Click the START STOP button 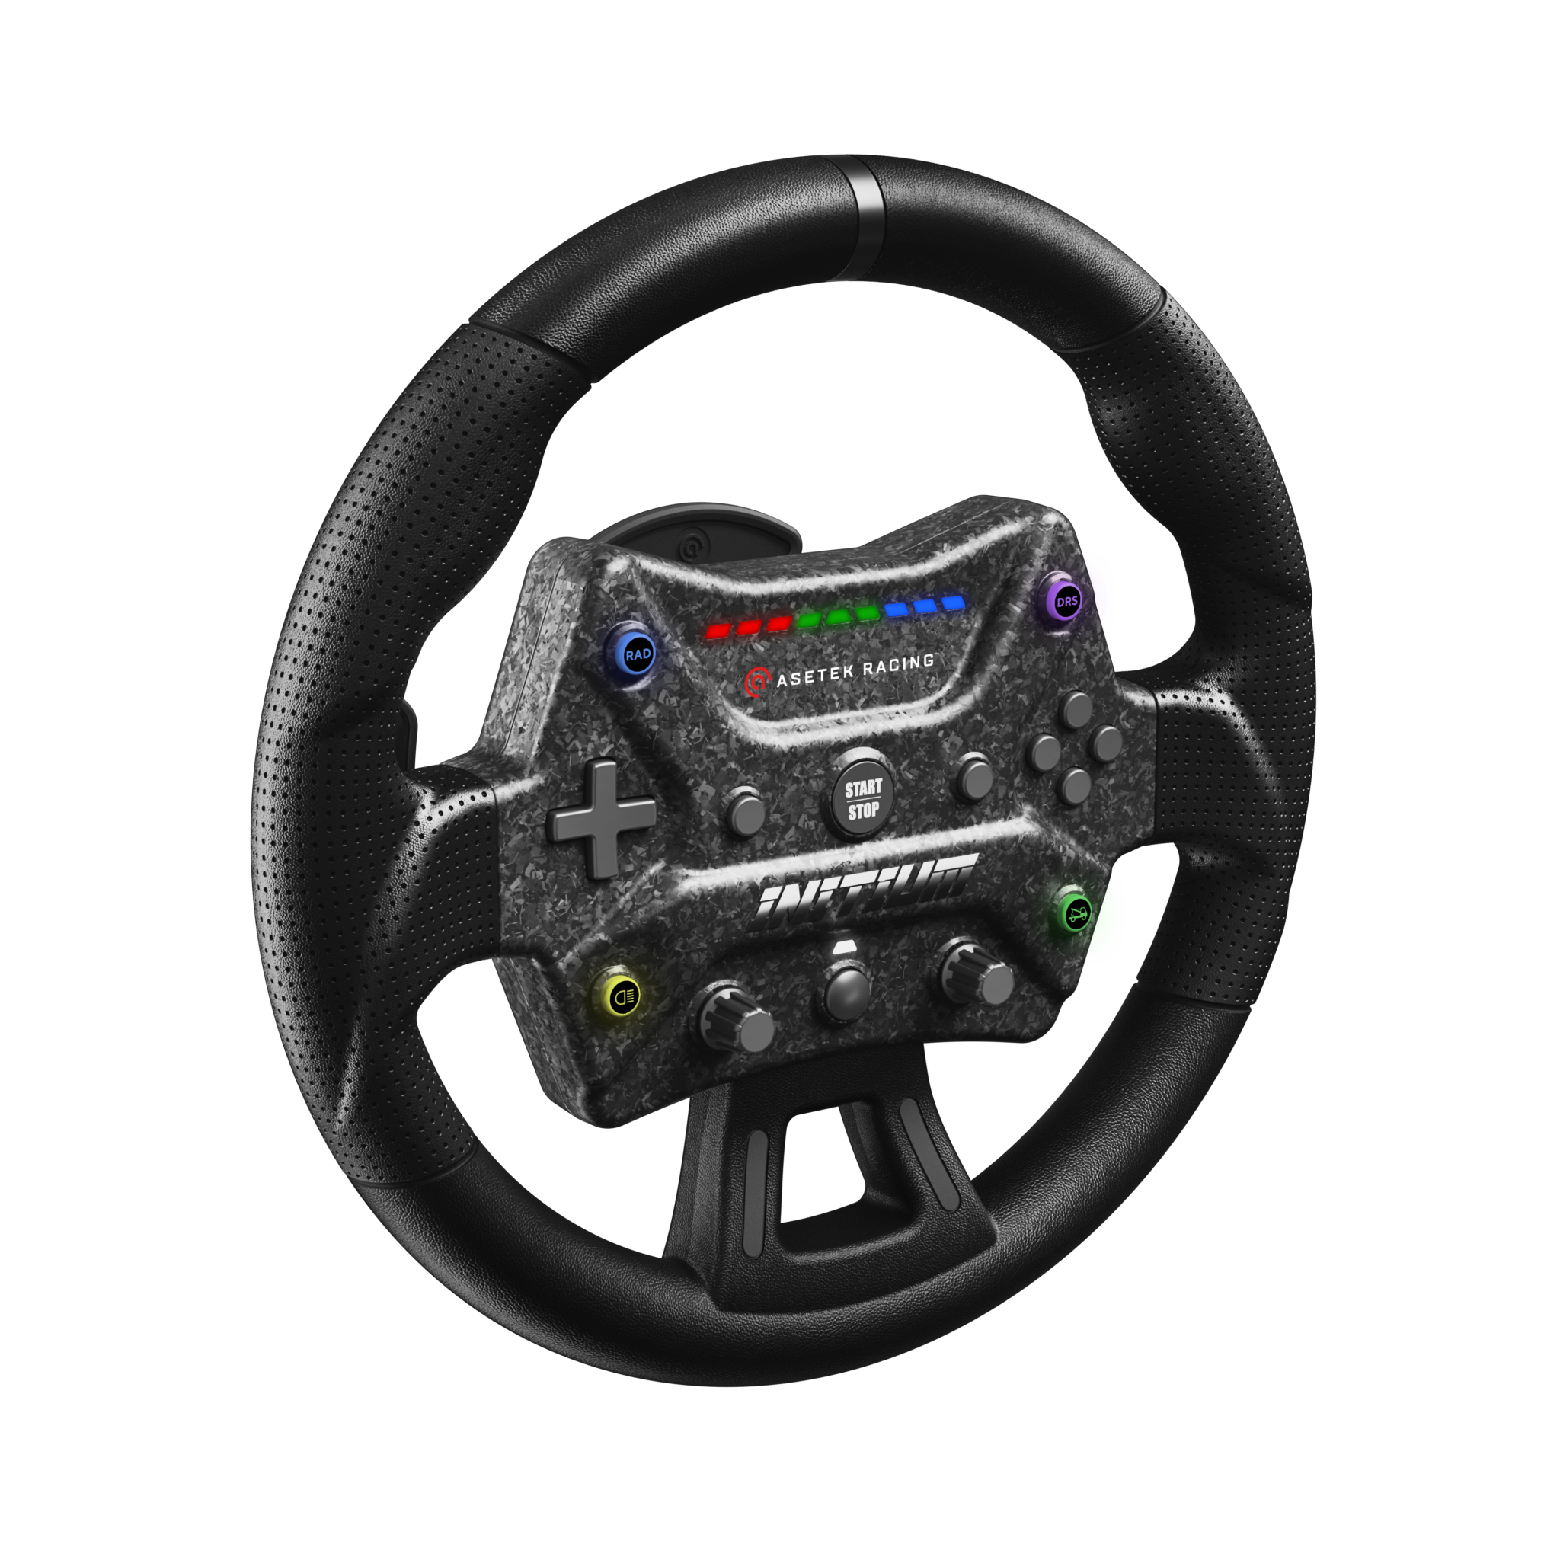pyautogui.click(x=863, y=798)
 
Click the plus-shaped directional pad pyautogui.click(x=602, y=817)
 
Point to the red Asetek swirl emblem pyautogui.click(x=756, y=682)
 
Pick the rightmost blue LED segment pyautogui.click(x=954, y=603)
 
